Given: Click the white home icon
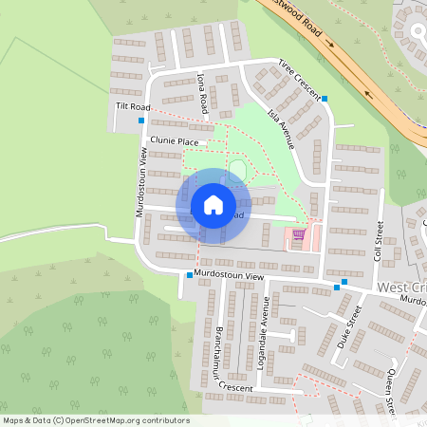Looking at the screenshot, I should click(x=213, y=205).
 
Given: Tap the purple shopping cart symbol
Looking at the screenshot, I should click(x=299, y=234).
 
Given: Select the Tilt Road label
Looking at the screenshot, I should click(x=133, y=107).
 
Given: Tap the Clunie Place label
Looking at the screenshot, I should click(x=176, y=142).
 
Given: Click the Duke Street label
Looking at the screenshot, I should click(x=350, y=328).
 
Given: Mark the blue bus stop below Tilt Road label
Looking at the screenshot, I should click(x=141, y=121).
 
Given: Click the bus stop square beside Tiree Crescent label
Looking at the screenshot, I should click(x=325, y=99).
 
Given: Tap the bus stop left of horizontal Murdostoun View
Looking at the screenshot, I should click(x=190, y=276).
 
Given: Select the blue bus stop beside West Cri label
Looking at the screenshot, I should click(x=343, y=282).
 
